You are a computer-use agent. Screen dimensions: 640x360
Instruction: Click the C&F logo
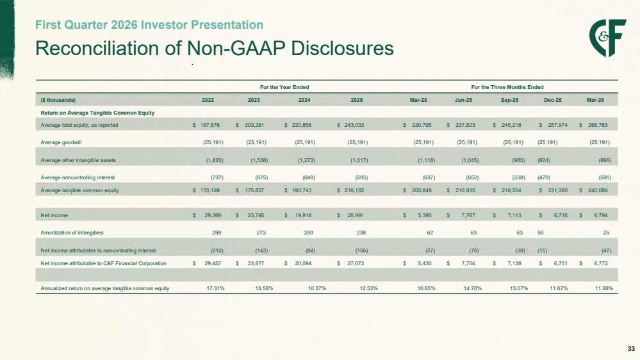(607, 38)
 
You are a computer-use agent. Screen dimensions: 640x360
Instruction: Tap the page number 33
(631, 349)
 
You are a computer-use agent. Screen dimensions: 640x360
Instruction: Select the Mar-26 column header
(595, 100)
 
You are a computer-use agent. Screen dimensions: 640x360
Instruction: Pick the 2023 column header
(254, 100)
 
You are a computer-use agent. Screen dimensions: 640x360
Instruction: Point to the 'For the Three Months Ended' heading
(507, 87)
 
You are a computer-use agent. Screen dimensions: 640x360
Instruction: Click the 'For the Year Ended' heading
(284, 87)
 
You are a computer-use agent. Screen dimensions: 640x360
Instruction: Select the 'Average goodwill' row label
(62, 142)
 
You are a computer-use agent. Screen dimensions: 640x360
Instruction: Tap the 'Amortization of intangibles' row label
(72, 233)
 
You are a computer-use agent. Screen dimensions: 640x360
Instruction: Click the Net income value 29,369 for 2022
(213, 215)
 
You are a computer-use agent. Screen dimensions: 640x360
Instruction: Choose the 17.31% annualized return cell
(215, 288)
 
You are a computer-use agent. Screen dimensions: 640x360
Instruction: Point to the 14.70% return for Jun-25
(473, 288)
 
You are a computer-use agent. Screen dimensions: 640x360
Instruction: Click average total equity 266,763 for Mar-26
(598, 125)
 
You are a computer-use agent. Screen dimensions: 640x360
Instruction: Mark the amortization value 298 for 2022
(217, 233)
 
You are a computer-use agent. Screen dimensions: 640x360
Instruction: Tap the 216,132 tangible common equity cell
(354, 190)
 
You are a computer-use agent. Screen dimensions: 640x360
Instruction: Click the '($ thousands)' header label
(58, 100)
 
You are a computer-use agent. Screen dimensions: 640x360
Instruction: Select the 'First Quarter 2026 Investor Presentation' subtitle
(149, 25)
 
